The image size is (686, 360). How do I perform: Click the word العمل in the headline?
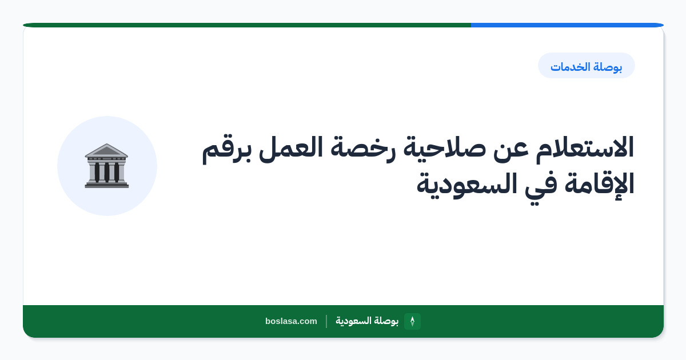[x=290, y=148]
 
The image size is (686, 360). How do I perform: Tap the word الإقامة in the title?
[x=599, y=184]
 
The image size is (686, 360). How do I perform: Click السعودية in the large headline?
[x=466, y=185]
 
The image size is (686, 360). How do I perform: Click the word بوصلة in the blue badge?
[x=608, y=67]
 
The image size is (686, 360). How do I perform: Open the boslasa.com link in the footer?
[x=291, y=321]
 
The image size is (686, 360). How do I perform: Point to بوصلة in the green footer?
[x=386, y=321]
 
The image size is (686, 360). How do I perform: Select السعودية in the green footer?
[x=353, y=321]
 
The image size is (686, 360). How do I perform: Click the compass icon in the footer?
[x=412, y=321]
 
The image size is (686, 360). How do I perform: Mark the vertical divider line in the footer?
[x=326, y=321]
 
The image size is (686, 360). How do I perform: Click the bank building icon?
[x=106, y=166]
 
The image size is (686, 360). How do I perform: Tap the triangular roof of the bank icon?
[x=106, y=150]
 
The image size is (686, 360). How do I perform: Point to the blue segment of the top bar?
[x=567, y=25]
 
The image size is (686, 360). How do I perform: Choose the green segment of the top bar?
[x=247, y=25]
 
